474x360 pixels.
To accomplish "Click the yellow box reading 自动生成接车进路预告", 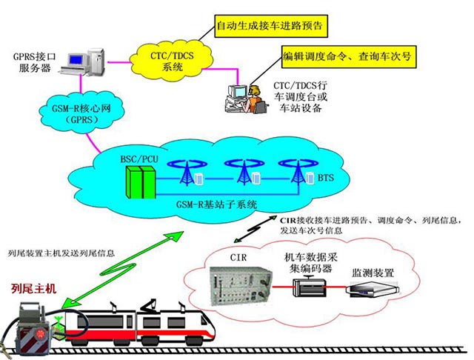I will tap(270, 28).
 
